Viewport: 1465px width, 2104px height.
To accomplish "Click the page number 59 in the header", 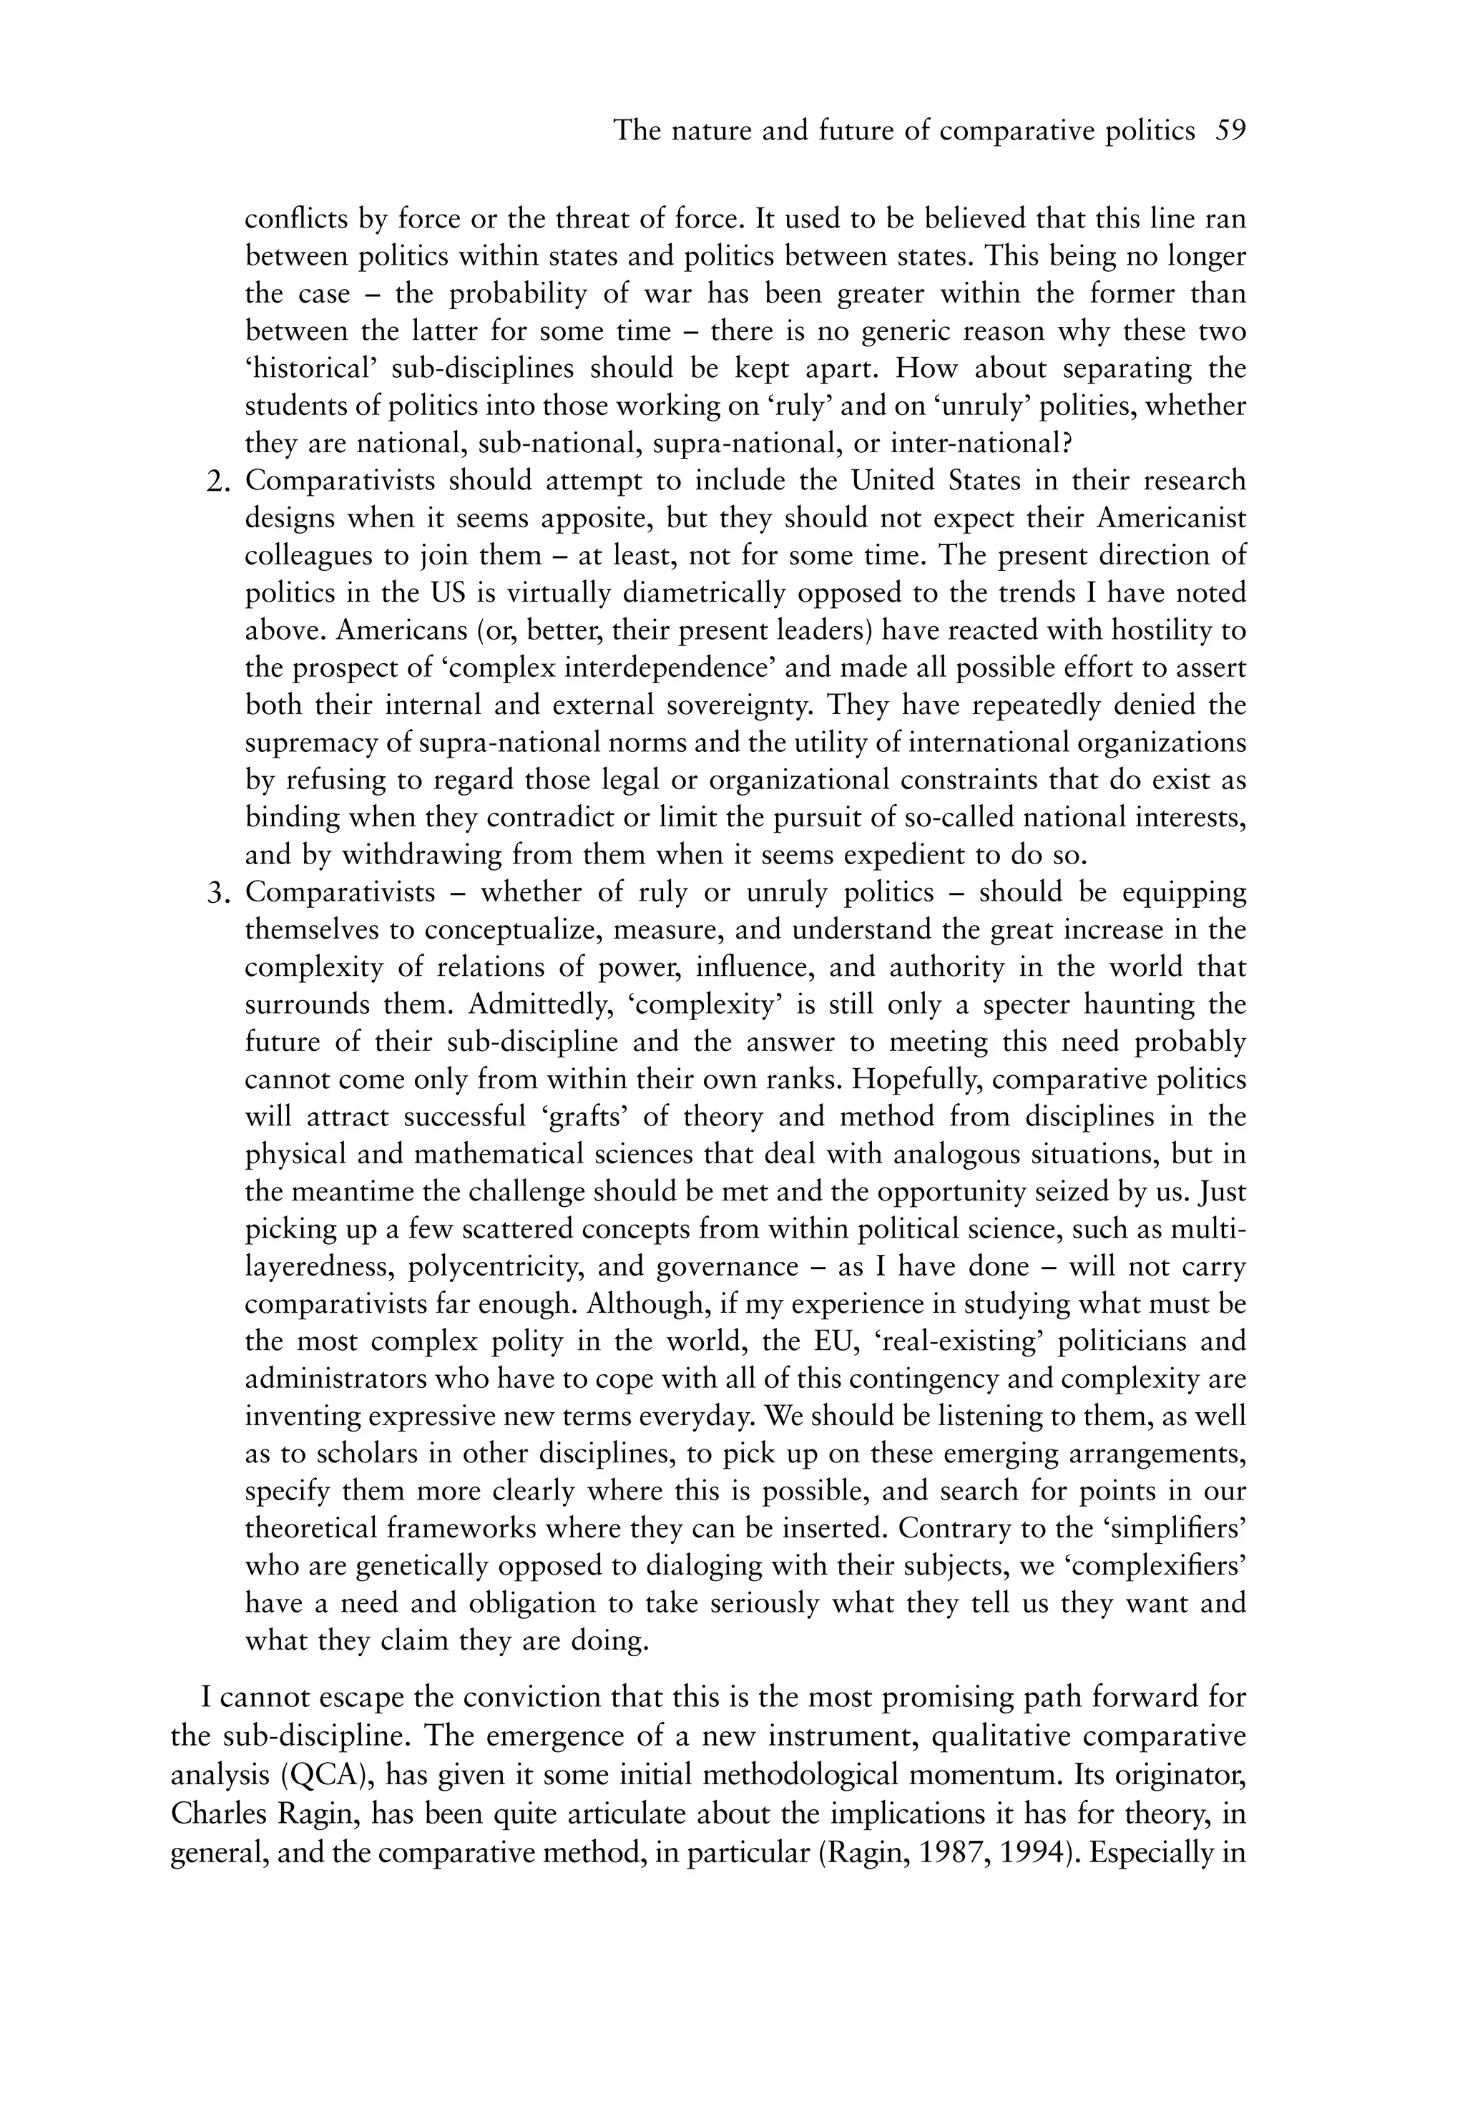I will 1230,131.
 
